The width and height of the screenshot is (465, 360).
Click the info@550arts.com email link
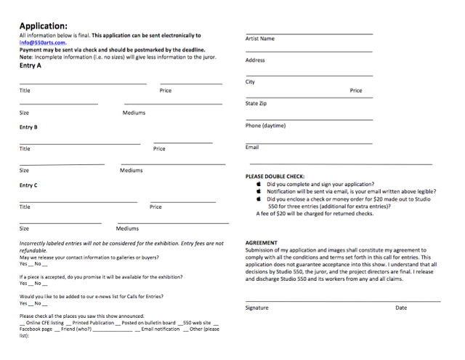pyautogui.click(x=43, y=42)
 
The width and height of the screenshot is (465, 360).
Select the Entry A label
pyautogui.click(x=31, y=65)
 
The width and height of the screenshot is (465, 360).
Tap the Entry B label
pyautogui.click(x=29, y=127)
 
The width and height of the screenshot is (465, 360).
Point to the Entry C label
pyautogui.click(x=29, y=185)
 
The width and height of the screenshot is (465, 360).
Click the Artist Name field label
pyautogui.click(x=260, y=39)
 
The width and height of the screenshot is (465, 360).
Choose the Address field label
pyautogui.click(x=255, y=60)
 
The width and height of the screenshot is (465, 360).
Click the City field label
pyautogui.click(x=251, y=82)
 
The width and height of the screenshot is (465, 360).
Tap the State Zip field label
pyautogui.click(x=256, y=103)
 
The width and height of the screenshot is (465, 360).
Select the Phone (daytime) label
pyautogui.click(x=265, y=126)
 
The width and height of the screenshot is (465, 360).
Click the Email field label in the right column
pyautogui.click(x=252, y=148)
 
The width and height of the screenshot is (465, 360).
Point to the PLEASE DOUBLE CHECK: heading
pyautogui.click(x=275, y=176)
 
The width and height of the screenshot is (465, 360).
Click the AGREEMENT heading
pyautogui.click(x=262, y=242)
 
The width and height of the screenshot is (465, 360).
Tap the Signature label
pyautogui.click(x=256, y=308)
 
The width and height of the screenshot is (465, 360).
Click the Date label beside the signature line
pyautogui.click(x=401, y=308)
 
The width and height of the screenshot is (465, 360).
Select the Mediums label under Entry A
pyautogui.click(x=134, y=113)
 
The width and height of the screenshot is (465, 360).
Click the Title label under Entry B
pyautogui.click(x=25, y=149)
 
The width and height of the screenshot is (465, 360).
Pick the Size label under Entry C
pyautogui.click(x=25, y=228)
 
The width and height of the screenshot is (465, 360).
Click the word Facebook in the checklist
pyautogui.click(x=32, y=329)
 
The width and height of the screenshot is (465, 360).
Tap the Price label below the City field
pyautogui.click(x=356, y=91)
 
